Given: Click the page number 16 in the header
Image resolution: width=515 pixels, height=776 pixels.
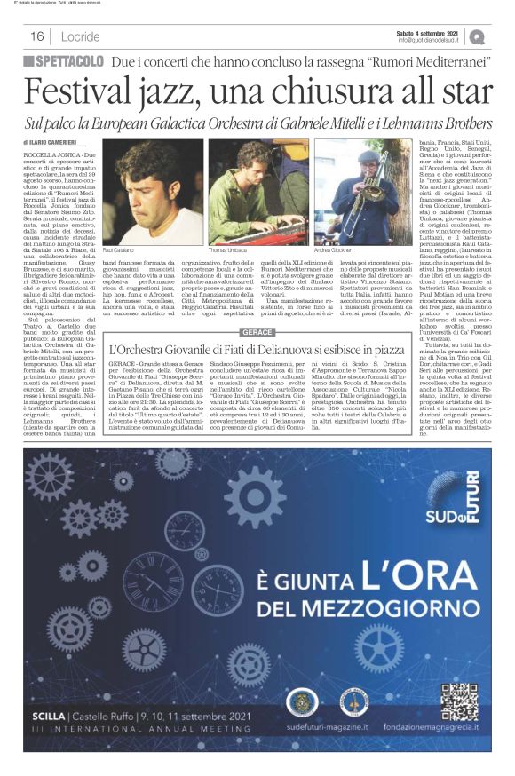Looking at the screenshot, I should pos(37,36).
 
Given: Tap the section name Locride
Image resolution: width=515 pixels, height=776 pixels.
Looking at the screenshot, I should pos(82,36).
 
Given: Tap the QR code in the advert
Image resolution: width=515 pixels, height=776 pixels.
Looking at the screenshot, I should pos(459,723).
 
